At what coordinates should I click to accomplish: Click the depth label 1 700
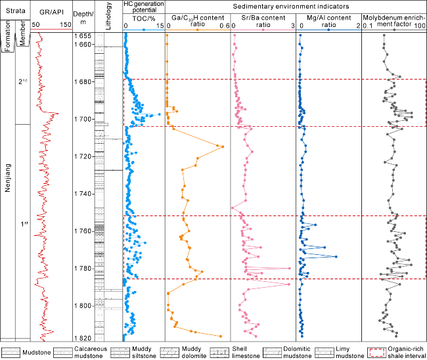85,119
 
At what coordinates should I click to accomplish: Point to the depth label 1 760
85,231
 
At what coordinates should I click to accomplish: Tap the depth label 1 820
85,338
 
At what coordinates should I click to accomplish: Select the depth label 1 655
85,35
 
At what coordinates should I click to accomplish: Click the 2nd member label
23,81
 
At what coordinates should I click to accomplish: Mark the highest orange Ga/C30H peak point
222,146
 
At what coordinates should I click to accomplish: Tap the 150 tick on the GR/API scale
66,25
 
